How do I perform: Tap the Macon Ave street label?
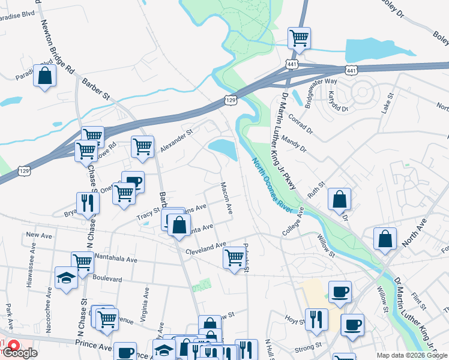click(x=226, y=199)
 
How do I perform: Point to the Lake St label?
click(x=388, y=104)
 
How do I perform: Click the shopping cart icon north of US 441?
click(x=299, y=38)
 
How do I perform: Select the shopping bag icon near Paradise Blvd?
click(x=44, y=76)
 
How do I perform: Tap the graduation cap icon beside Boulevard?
click(x=65, y=278)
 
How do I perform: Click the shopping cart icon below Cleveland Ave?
click(x=234, y=259)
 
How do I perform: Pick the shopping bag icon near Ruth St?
click(x=339, y=200)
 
